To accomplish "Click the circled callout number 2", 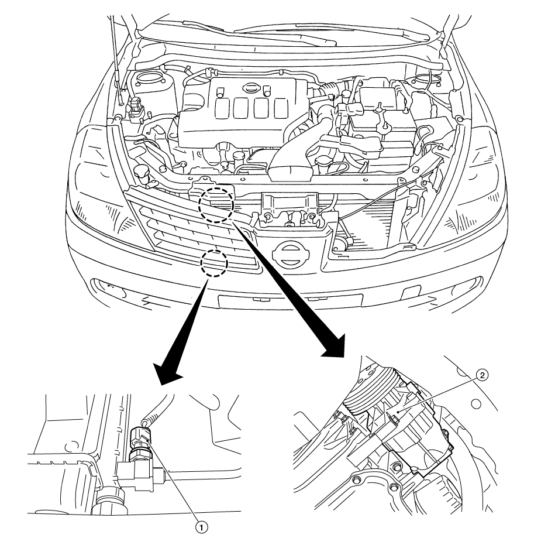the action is (x=482, y=376).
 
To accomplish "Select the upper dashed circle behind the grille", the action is (x=216, y=205).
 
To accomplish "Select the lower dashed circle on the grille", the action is (x=214, y=263).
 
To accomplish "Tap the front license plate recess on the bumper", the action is (x=290, y=301).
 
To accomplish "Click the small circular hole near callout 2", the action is (x=475, y=404).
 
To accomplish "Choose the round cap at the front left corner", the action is (x=141, y=172).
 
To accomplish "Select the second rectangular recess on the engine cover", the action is (x=241, y=108).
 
